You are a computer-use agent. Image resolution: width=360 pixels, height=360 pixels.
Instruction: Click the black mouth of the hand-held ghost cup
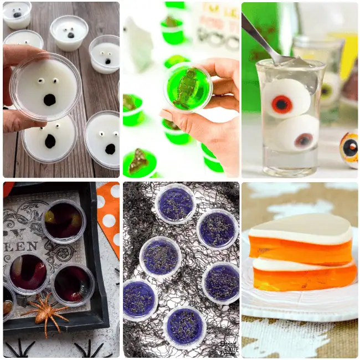coord(50,100)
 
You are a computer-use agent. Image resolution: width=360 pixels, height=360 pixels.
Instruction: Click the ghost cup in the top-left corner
coord(17,14)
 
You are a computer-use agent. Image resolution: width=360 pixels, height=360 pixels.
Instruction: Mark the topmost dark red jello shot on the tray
coord(63,221)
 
